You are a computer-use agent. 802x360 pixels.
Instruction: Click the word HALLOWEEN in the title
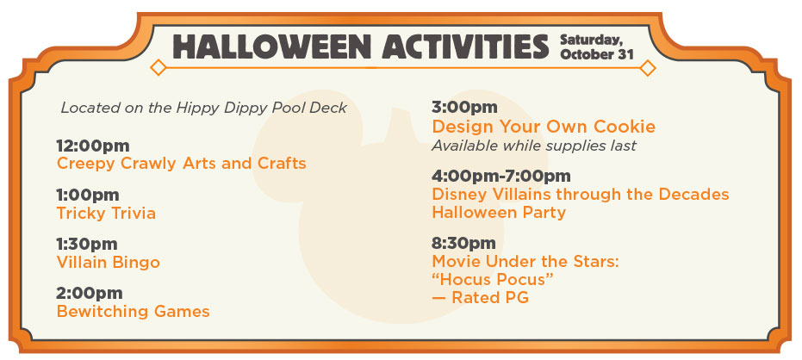coord(270,47)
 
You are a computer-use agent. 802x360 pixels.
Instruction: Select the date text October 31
coord(596,54)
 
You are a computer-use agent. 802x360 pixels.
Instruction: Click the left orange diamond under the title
coord(158,67)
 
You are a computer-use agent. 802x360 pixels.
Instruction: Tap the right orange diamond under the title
coord(648,67)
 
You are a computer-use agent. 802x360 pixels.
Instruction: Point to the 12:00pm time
coord(93,146)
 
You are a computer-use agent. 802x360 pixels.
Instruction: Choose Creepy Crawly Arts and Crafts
coord(181,164)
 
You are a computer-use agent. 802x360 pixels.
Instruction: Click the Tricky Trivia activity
coord(106,214)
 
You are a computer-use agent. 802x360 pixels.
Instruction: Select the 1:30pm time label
coord(87,244)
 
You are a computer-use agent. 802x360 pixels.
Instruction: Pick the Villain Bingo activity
coord(108,263)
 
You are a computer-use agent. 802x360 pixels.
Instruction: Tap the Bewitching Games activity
coord(133,312)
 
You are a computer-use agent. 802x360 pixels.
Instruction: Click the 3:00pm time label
coord(464,108)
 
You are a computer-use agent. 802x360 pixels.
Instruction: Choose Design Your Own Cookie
coord(544,127)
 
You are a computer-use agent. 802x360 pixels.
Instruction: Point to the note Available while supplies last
coord(534,146)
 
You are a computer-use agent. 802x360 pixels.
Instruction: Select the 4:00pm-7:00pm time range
coord(501,177)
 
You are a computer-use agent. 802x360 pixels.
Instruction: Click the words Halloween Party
coord(499,212)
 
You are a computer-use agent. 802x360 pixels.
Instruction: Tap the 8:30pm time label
coord(463,244)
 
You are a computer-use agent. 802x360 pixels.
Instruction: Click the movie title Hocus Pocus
coord(493,280)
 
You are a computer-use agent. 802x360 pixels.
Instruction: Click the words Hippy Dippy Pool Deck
coord(262,109)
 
